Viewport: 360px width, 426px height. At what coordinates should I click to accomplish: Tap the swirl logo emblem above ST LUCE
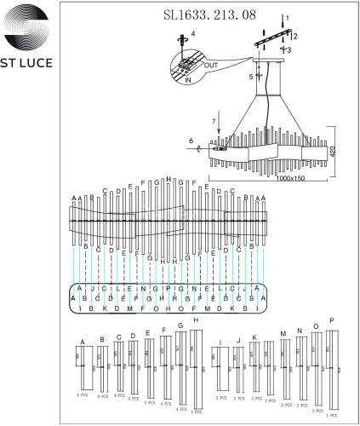click(31, 30)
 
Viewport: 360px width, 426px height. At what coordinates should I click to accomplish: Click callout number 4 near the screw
click(192, 35)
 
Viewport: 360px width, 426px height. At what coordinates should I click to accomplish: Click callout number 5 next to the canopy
click(250, 76)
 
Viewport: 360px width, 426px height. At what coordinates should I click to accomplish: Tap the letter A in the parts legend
click(83, 341)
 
